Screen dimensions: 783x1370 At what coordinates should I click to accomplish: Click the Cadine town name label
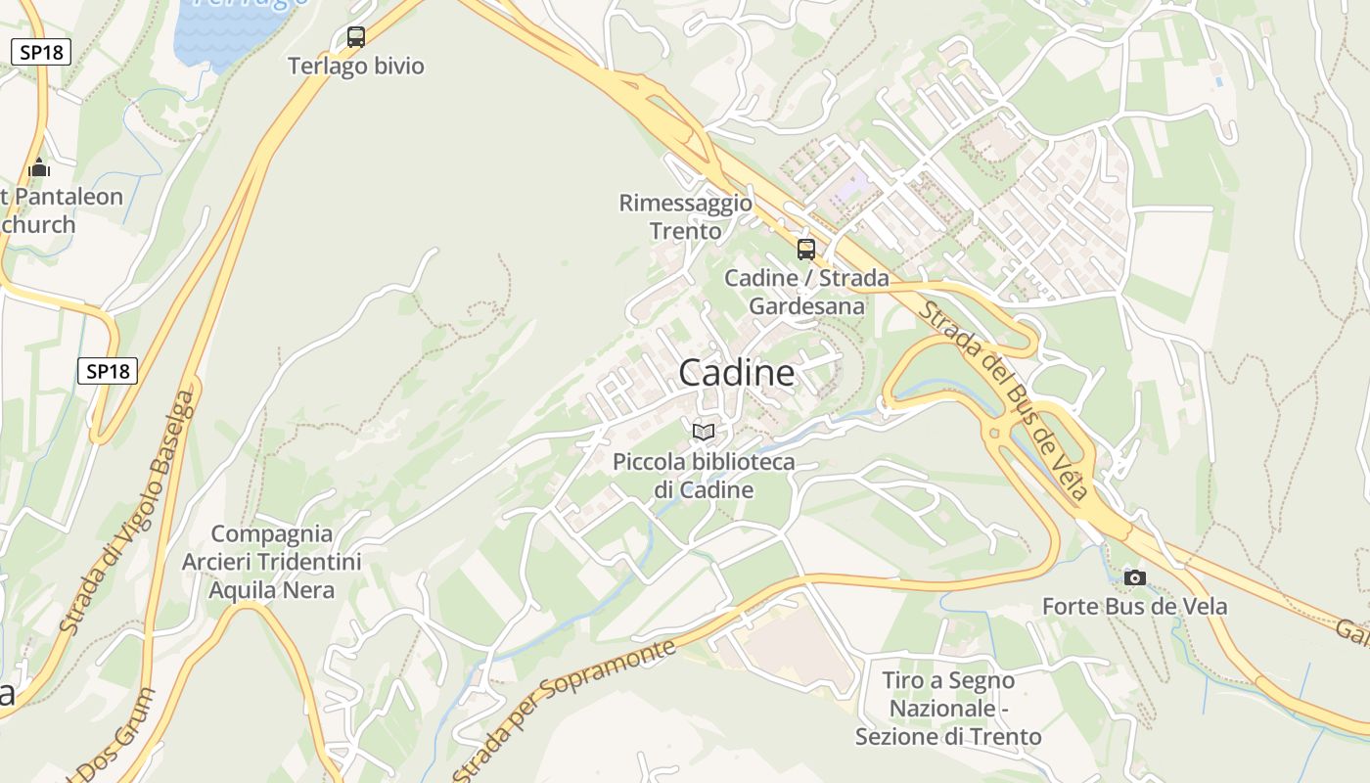pyautogui.click(x=736, y=373)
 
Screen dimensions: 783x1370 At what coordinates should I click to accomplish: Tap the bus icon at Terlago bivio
pyautogui.click(x=356, y=37)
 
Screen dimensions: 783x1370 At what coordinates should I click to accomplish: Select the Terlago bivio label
pyautogui.click(x=356, y=67)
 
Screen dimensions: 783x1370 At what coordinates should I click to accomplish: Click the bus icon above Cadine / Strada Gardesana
pyautogui.click(x=805, y=249)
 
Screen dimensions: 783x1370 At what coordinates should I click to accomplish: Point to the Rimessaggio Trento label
pyautogui.click(x=685, y=217)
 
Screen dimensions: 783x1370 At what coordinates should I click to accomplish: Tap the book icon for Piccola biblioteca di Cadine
pyautogui.click(x=703, y=431)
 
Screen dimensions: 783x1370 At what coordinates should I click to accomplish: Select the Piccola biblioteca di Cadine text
pyautogui.click(x=703, y=476)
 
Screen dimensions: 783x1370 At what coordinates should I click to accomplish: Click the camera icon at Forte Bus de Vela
pyautogui.click(x=1134, y=577)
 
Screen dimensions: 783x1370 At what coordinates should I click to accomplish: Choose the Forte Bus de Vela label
pyautogui.click(x=1134, y=607)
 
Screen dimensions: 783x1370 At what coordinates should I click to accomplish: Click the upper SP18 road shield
pyautogui.click(x=41, y=52)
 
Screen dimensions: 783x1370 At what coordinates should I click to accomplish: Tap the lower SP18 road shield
pyautogui.click(x=108, y=371)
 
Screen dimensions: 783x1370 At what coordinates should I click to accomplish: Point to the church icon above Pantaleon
pyautogui.click(x=39, y=168)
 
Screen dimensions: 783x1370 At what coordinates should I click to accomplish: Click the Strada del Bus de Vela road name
pyautogui.click(x=1003, y=400)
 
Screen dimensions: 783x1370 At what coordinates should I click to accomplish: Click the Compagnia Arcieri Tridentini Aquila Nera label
pyautogui.click(x=271, y=562)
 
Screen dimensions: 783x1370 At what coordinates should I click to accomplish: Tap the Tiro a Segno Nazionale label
pyautogui.click(x=947, y=708)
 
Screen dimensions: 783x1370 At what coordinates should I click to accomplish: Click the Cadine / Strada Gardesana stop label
pyautogui.click(x=806, y=292)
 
